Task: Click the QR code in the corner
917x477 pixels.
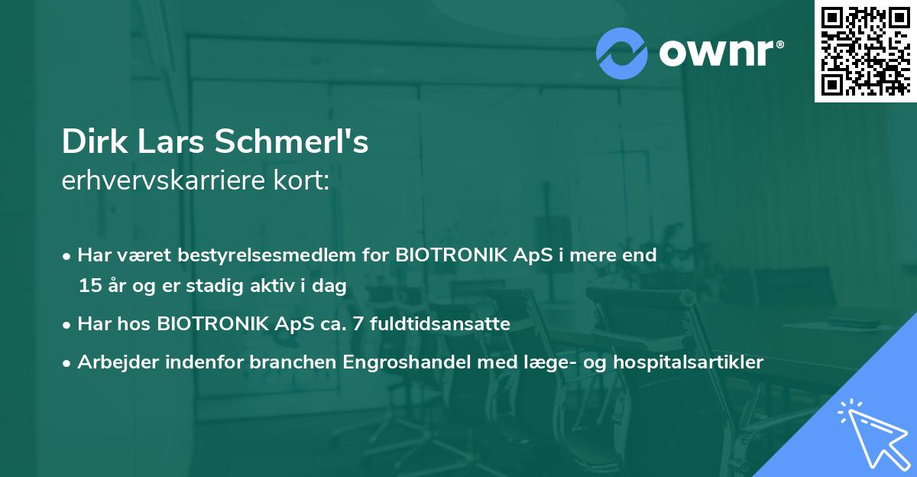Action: [x=866, y=50]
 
